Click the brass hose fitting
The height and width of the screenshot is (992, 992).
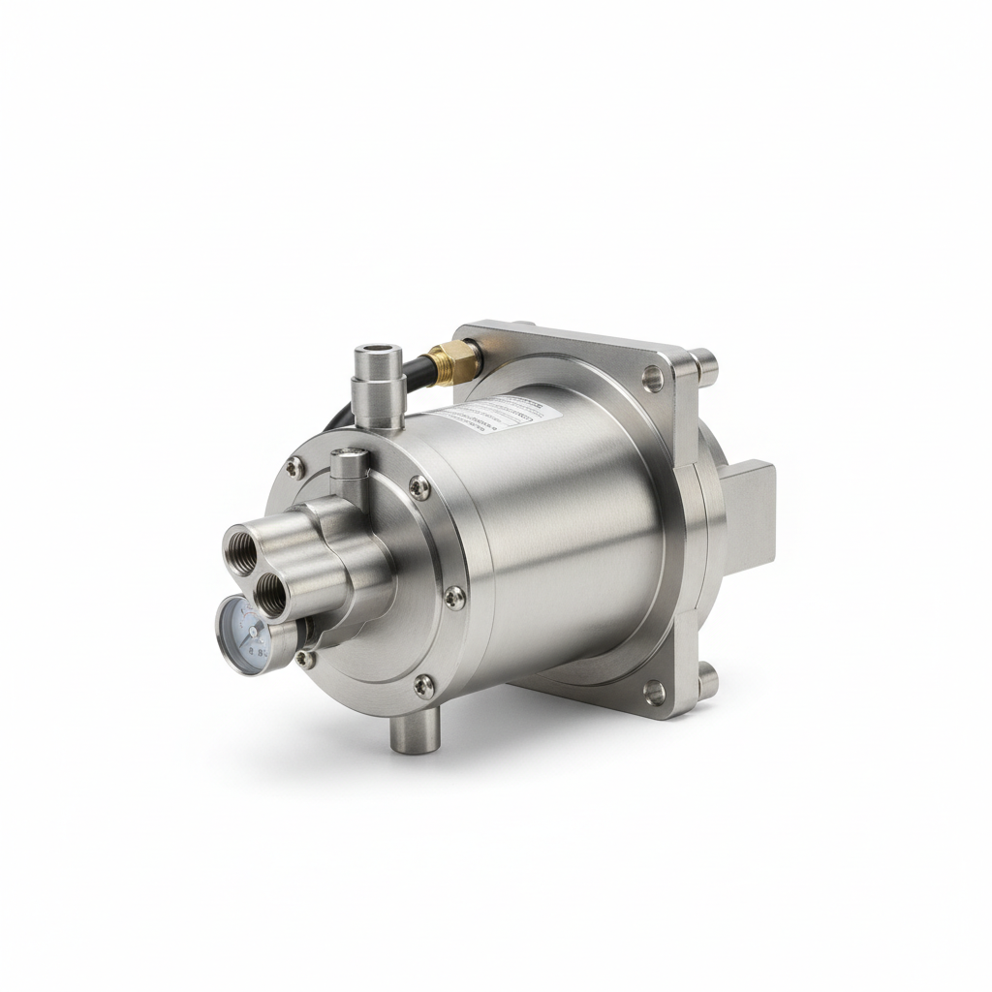tap(455, 361)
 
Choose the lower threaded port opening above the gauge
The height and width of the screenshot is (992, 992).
tap(271, 592)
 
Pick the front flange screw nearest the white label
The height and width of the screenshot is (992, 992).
tap(418, 488)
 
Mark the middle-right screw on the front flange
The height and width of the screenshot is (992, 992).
tap(453, 597)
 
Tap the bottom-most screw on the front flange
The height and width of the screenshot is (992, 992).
tap(423, 686)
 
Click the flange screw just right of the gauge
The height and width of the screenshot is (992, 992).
tap(305, 659)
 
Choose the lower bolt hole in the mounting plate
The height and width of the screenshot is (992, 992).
tap(655, 691)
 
